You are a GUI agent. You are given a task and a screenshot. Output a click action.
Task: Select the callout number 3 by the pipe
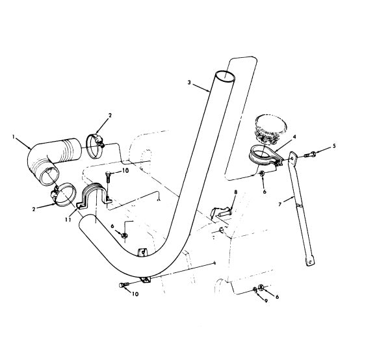pos(189,83)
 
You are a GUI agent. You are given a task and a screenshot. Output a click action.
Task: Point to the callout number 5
pos(335,146)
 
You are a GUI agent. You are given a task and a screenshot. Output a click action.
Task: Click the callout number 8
pos(236,192)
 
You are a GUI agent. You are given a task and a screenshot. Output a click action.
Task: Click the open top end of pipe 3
pos(224,78)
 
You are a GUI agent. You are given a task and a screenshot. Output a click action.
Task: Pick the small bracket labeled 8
pos(222,212)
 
